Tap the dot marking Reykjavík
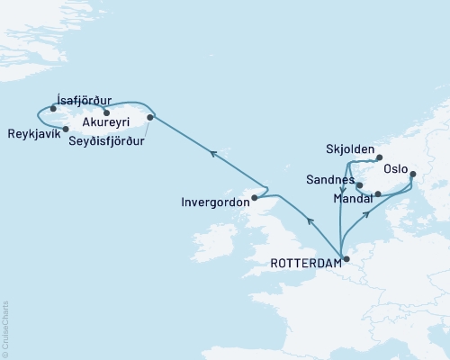67,129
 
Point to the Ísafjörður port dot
54,109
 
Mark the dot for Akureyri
106,112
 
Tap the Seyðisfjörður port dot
150,117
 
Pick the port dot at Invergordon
255,197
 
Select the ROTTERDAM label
304,263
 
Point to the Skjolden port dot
379,157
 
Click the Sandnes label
329,180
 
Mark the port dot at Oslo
412,174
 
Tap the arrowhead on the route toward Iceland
213,155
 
